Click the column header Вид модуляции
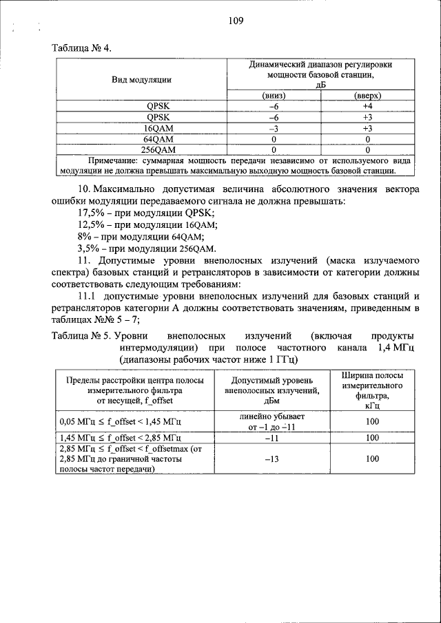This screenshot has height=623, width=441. tap(141, 80)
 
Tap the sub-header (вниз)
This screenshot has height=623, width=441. tap(274, 96)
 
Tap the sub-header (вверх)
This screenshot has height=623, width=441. tap(368, 96)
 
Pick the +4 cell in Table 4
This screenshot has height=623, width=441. tap(368, 107)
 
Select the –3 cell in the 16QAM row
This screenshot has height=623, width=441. tap(274, 128)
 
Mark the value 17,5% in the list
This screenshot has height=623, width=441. tap(90, 213)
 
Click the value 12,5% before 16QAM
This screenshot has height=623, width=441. tap(90, 224)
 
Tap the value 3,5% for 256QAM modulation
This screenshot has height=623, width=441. tap(88, 248)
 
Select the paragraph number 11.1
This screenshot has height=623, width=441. tap(86, 295)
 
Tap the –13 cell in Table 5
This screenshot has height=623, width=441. tap(272, 457)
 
